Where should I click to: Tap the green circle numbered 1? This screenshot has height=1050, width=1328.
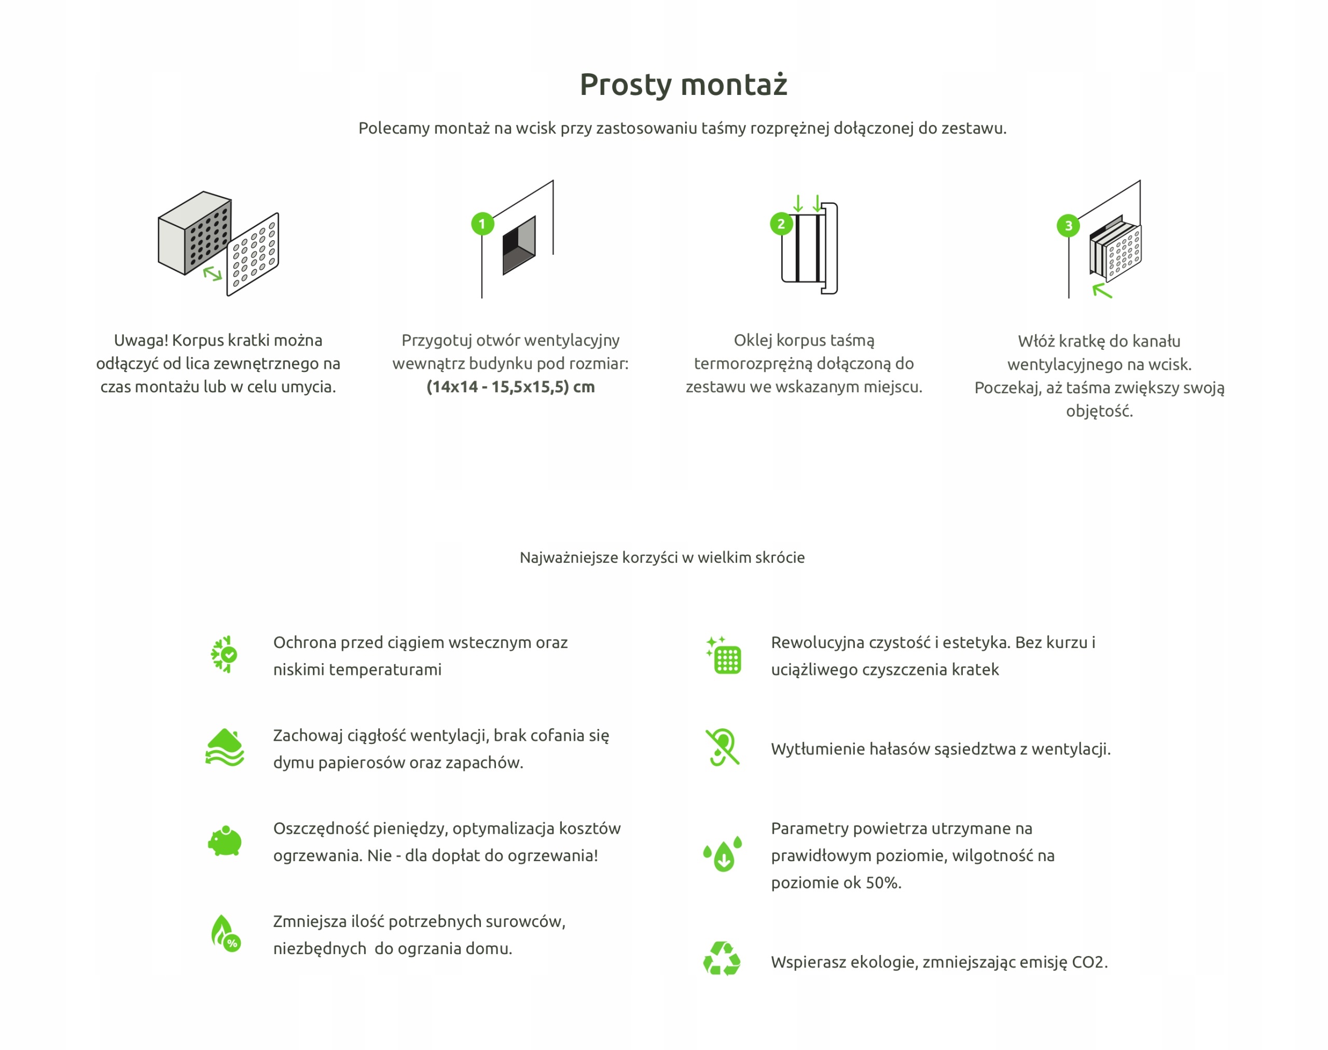pyautogui.click(x=482, y=224)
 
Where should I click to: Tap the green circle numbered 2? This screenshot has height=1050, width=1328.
pyautogui.click(x=781, y=224)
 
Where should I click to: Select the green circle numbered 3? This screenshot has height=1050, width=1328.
pyautogui.click(x=1069, y=226)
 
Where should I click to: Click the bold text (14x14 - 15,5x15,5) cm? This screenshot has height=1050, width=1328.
pyautogui.click(x=510, y=386)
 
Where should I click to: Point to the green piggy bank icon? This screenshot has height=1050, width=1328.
pyautogui.click(x=225, y=841)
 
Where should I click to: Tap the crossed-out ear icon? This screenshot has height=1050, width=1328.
pyautogui.click(x=723, y=747)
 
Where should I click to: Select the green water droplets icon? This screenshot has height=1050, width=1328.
pyautogui.click(x=723, y=853)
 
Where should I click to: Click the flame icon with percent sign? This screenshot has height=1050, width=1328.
pyautogui.click(x=226, y=933)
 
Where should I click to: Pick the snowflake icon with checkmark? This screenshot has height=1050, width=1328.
pyautogui.click(x=224, y=654)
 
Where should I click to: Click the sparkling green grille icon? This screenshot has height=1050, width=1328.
pyautogui.click(x=724, y=655)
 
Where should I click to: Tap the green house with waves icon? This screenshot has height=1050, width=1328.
pyautogui.click(x=225, y=748)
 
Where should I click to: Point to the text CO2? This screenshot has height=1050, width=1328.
pyautogui.click(x=1089, y=962)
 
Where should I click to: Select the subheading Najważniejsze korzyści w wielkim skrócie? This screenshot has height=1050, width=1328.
pyautogui.click(x=662, y=558)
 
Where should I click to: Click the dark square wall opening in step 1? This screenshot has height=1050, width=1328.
pyautogui.click(x=519, y=245)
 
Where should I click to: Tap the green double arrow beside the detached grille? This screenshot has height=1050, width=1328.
pyautogui.click(x=213, y=273)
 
